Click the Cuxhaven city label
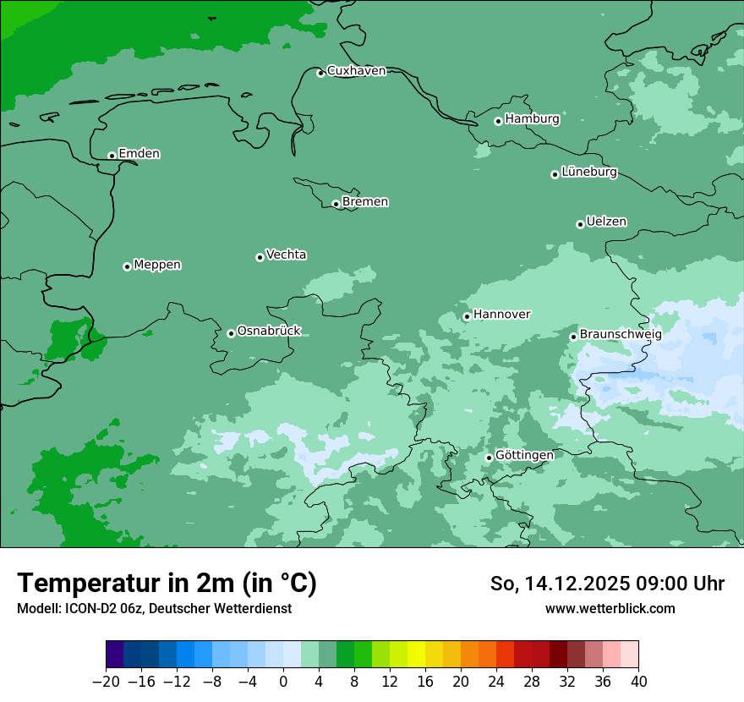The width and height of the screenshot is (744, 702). [356, 71]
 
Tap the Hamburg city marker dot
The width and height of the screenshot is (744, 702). [498, 121]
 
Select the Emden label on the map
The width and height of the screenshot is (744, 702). [139, 154]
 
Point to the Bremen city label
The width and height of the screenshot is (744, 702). [365, 202]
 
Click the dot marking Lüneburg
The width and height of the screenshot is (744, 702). [555, 174]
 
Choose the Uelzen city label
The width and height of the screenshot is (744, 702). [606, 222]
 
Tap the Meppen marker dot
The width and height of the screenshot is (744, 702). [127, 266]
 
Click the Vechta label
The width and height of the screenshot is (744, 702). [286, 255]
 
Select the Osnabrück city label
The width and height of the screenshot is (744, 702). [269, 332]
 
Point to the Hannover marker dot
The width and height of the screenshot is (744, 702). [467, 316]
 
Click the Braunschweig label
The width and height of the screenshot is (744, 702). [621, 335]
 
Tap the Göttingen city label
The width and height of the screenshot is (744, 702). [524, 456]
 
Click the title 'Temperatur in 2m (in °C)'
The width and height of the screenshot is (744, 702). [167, 584]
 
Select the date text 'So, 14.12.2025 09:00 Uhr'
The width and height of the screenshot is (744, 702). [607, 584]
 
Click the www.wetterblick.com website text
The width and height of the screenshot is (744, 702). [610, 608]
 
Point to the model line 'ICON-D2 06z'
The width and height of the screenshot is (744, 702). [154, 608]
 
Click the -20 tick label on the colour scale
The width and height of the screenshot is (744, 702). [107, 682]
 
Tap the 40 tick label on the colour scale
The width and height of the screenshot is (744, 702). [638, 682]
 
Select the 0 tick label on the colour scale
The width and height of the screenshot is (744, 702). [283, 682]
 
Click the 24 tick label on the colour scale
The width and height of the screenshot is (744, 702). [496, 682]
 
